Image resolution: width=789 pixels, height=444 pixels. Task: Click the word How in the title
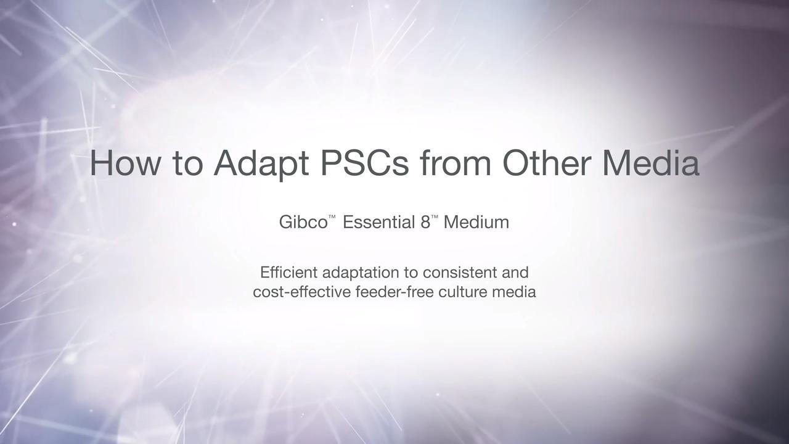pos(125,163)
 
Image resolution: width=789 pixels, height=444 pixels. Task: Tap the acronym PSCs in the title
pos(365,163)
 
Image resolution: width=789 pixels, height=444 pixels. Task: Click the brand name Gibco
pos(303,223)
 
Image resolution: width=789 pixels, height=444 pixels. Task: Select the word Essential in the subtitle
pos(378,223)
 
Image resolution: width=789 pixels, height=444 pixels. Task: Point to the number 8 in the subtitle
pos(425,223)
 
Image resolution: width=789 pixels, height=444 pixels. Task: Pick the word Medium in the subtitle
pos(476,223)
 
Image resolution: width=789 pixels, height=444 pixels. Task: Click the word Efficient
pos(289,273)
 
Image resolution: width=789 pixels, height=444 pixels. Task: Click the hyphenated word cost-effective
pos(302,292)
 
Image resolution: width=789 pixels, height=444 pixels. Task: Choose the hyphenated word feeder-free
pos(394,292)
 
